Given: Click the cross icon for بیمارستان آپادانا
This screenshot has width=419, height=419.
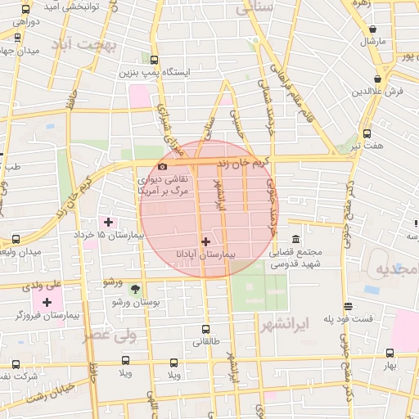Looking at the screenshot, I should [205, 241].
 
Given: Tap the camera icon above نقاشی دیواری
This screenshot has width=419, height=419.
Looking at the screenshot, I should [162, 166].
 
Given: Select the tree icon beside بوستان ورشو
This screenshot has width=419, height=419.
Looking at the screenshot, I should [135, 288].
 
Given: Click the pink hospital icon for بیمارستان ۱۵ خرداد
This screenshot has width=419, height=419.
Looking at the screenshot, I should [108, 222].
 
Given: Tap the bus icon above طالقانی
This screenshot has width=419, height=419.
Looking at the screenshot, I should [205, 330].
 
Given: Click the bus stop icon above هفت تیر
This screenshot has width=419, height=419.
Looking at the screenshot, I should [366, 133].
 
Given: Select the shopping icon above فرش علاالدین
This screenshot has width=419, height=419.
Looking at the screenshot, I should [376, 79].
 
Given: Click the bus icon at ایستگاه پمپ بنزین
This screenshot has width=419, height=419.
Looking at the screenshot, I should [155, 60].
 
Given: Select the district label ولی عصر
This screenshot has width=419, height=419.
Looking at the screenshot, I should [110, 335].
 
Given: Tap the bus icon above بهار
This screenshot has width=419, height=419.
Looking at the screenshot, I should [388, 353].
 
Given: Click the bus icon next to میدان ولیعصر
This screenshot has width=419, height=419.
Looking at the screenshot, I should [16, 239].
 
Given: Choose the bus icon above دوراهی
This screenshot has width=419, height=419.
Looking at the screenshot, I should [25, 11].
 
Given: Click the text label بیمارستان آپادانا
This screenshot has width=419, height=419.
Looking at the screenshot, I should [205, 255].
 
